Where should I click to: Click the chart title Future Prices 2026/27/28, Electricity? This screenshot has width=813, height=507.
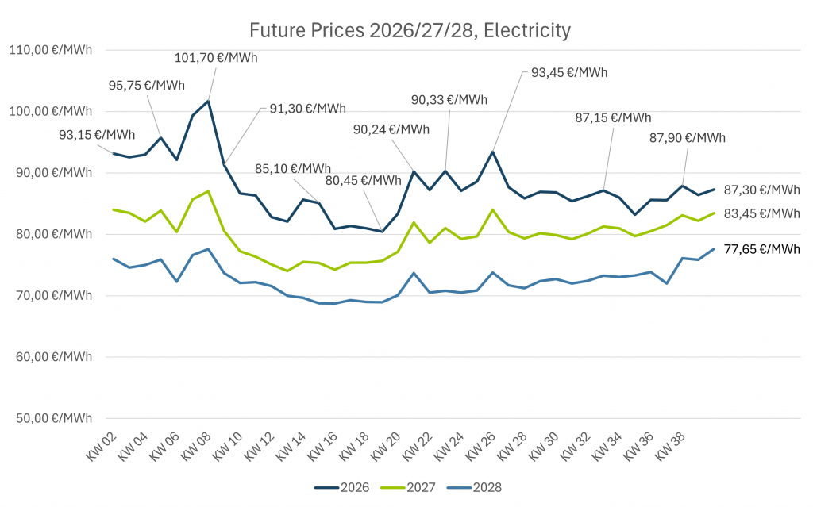click(410, 31)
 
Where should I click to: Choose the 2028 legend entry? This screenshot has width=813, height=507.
click(476, 487)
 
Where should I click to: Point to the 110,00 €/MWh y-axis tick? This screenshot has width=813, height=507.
click(50, 50)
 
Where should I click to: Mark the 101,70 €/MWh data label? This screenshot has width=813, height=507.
click(217, 57)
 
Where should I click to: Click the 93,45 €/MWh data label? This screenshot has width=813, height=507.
click(569, 72)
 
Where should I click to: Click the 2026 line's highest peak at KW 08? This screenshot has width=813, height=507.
click(208, 101)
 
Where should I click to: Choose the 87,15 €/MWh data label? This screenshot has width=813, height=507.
click(613, 117)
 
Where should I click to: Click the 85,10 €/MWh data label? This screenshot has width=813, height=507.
click(293, 168)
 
